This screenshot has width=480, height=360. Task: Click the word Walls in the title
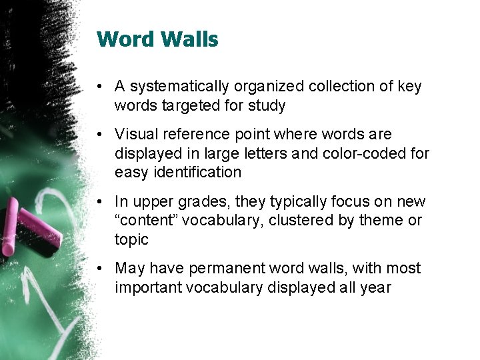pos(189,39)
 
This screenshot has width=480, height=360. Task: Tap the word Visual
pos(135,135)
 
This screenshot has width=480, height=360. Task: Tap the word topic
pos(131,239)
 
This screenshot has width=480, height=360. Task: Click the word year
pos(374,287)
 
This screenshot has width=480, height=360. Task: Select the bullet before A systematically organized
pos(98,87)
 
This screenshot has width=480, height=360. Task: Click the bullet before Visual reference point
pos(98,135)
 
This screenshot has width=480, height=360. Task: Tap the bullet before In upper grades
pos(98,201)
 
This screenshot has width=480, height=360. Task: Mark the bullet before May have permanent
pos(98,268)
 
